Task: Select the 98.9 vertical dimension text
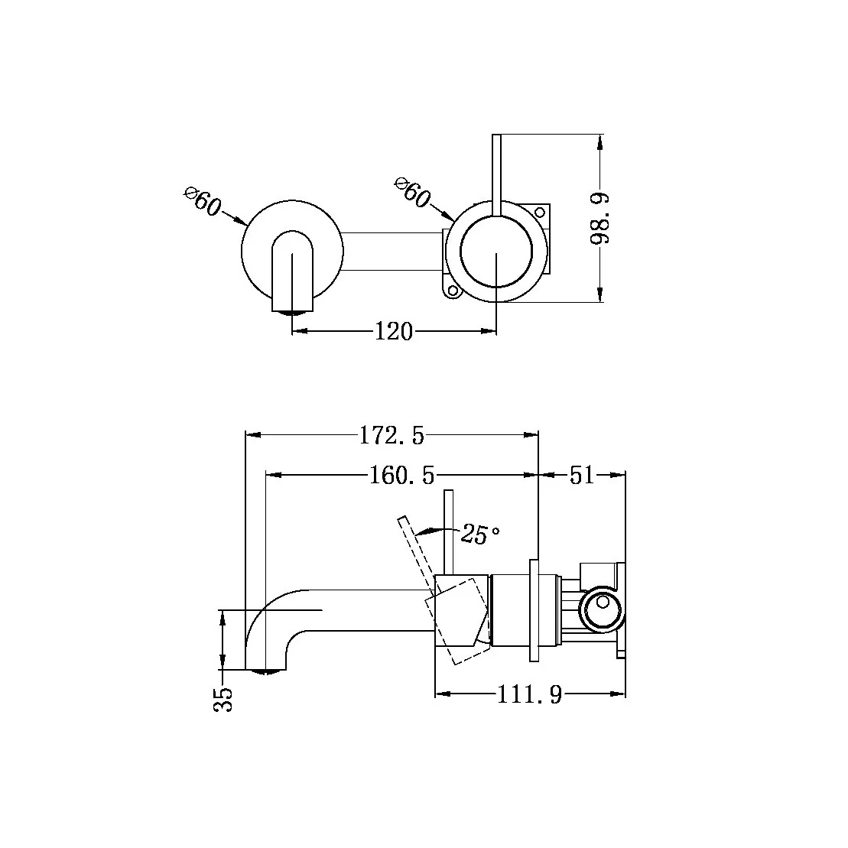601,218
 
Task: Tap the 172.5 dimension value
391,436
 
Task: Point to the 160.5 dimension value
401,476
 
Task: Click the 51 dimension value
581,476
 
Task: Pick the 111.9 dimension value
530,695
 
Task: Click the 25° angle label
479,534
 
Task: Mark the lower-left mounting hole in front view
452,291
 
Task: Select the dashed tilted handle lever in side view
417,554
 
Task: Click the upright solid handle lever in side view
450,531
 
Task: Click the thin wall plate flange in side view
534,610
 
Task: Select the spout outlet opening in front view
293,311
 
